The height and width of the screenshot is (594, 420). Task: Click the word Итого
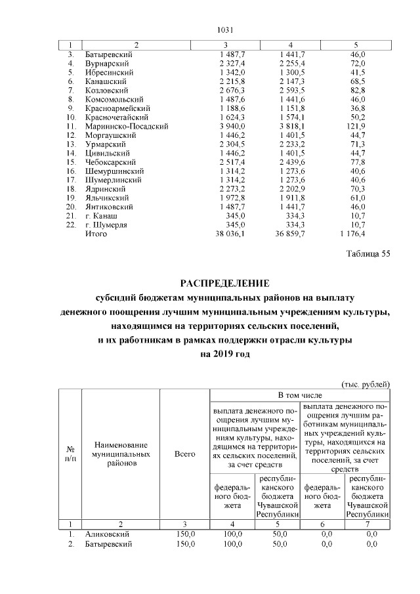click(96, 233)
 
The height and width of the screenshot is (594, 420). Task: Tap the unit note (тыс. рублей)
click(366, 383)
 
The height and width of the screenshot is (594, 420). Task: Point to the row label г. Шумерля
click(106, 224)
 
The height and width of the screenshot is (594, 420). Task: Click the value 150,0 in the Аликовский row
click(186, 536)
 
